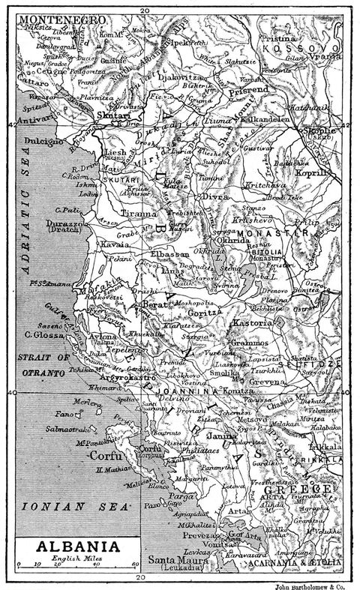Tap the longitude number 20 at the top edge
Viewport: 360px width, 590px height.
142,5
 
